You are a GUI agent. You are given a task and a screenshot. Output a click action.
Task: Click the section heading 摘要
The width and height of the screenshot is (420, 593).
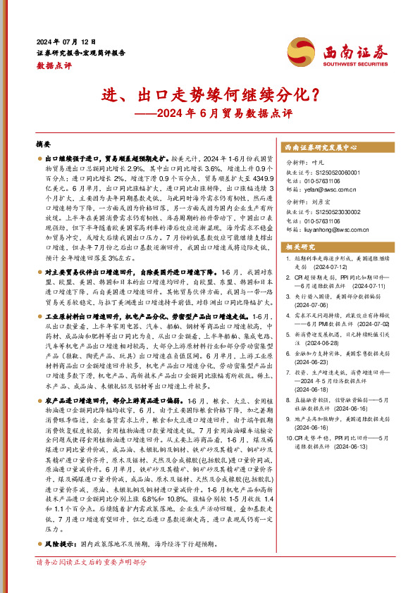pyautogui.click(x=44, y=144)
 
